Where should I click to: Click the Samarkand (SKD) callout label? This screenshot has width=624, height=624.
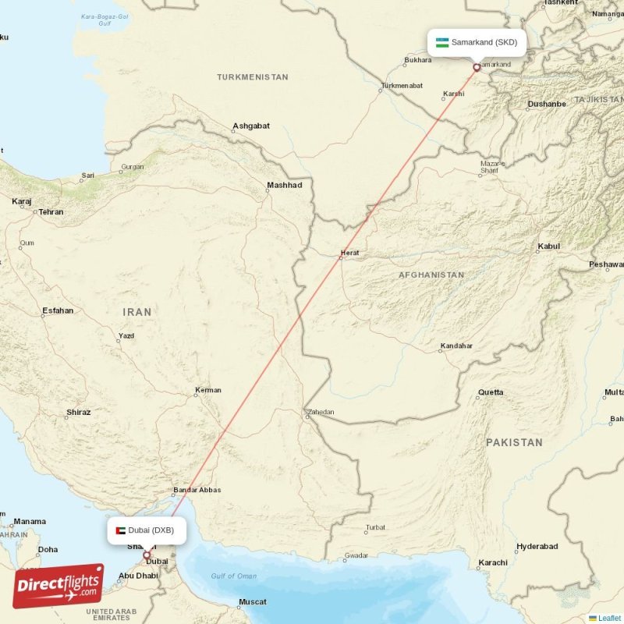click(x=477, y=42)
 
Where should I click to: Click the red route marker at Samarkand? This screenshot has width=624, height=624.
click(x=477, y=68)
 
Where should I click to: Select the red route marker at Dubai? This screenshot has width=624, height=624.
click(x=147, y=555)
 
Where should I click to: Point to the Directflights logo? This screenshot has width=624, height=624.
click(x=58, y=586)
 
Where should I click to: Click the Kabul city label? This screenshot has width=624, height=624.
click(x=548, y=246)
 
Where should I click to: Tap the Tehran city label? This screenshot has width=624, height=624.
click(x=51, y=211)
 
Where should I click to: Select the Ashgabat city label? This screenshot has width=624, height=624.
click(x=251, y=126)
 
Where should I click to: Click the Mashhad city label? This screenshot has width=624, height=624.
click(x=284, y=186)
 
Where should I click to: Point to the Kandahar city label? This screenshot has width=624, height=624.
click(x=456, y=346)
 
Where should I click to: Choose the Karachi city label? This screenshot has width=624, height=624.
click(x=494, y=562)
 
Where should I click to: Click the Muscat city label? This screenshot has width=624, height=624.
click(x=252, y=602)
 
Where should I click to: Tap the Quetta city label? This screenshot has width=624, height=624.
click(x=491, y=392)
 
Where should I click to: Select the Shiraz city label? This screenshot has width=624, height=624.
click(x=78, y=412)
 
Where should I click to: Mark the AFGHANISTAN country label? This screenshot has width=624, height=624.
click(x=431, y=275)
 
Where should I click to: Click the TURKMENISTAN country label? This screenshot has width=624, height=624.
click(x=253, y=77)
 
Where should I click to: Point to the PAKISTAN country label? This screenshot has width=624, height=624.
click(x=514, y=442)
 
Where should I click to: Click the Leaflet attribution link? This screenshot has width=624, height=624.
click(x=608, y=618)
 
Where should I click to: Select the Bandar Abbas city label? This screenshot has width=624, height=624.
click(x=197, y=490)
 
